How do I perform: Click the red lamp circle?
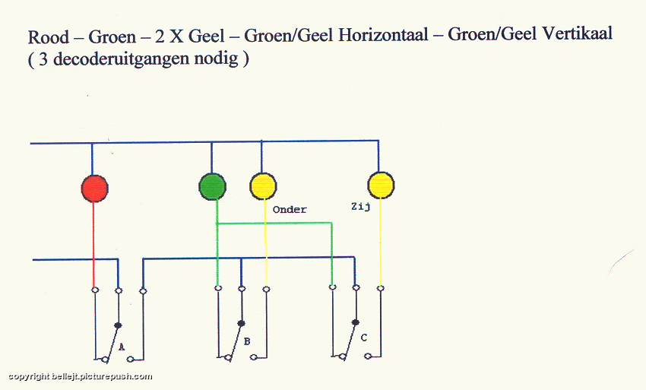(x=95, y=189)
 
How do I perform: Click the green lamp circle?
(x=213, y=187)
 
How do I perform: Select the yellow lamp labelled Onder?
(x=263, y=186)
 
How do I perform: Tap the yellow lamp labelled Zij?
(x=381, y=185)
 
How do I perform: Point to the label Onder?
(x=290, y=209)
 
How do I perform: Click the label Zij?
(x=360, y=207)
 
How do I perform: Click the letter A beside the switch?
(x=122, y=347)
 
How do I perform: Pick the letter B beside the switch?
(x=247, y=341)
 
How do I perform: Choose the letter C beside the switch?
(x=363, y=338)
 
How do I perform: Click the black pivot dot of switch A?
(x=118, y=325)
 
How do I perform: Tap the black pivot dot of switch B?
(x=242, y=323)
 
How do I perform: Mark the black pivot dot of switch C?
(x=356, y=322)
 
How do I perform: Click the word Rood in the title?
(x=48, y=37)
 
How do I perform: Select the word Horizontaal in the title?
(x=383, y=35)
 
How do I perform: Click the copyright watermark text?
(x=80, y=376)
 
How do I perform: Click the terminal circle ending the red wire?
(x=95, y=290)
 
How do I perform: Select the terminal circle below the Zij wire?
(x=381, y=288)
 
